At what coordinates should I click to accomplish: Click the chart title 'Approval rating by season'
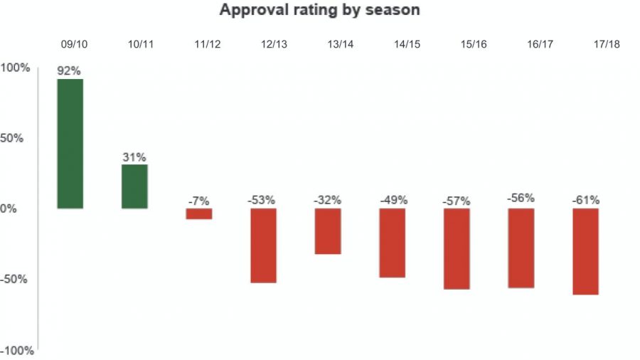319,10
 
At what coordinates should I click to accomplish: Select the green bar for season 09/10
70,144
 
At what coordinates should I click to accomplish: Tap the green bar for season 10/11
134,186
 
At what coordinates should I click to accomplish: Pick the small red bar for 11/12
199,213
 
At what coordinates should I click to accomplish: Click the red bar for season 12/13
263,245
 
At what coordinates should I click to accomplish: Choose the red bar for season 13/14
328,231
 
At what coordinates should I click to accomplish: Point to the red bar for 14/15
392,243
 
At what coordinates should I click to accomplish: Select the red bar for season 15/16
457,248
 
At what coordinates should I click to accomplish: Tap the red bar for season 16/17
521,248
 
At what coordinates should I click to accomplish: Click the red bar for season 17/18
585,251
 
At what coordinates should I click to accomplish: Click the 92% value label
70,71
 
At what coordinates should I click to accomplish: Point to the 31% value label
134,157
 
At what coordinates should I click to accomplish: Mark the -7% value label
199,201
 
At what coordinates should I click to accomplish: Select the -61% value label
585,201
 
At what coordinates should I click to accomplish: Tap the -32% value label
328,201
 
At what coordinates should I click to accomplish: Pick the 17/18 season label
607,44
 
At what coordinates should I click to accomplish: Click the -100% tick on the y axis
16,351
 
